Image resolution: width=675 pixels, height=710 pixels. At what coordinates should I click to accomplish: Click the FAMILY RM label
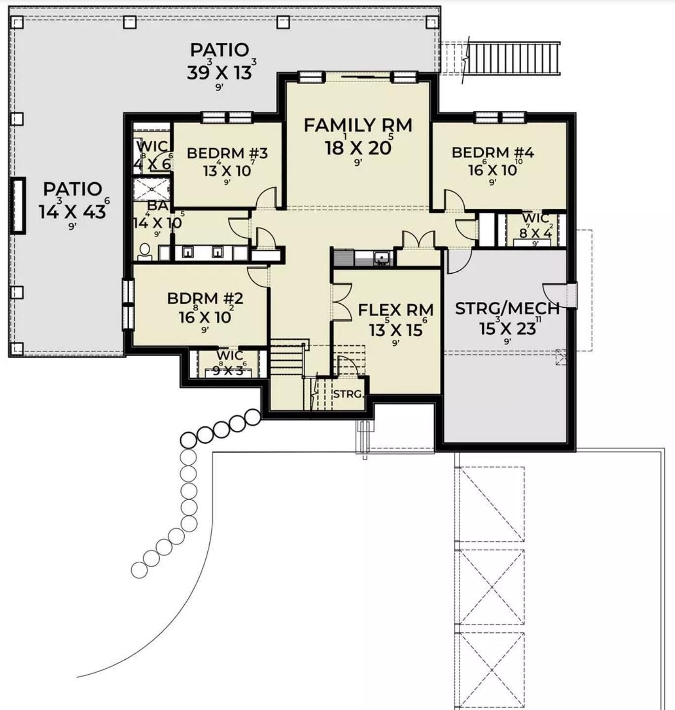coord(358,126)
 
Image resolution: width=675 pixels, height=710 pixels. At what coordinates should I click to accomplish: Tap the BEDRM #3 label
coord(227,153)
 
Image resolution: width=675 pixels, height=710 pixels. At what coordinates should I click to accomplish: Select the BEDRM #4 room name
coord(493,153)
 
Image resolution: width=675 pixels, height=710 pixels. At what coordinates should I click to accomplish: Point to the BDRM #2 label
coord(205,299)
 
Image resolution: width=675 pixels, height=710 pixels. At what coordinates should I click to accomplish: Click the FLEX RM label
coord(396,310)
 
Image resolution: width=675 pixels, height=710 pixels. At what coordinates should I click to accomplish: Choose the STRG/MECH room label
coord(507,309)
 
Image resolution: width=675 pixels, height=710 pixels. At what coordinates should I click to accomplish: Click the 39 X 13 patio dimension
coord(220,73)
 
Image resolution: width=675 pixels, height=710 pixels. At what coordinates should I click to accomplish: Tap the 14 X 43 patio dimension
coord(72,212)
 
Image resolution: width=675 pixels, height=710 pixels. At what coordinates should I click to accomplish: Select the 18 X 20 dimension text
coord(358,147)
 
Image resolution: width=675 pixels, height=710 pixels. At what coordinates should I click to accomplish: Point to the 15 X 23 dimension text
coord(507,328)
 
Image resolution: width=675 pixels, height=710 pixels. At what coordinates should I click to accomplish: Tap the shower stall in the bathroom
coord(152,189)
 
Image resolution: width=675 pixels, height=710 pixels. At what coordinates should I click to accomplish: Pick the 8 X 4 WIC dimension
coord(536,233)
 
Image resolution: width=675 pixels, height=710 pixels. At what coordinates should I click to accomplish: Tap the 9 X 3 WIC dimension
coord(228,370)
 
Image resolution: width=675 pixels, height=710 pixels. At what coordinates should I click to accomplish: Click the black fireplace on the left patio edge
coord(18,205)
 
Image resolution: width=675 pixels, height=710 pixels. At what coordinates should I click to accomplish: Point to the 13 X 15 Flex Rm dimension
coord(396,330)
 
